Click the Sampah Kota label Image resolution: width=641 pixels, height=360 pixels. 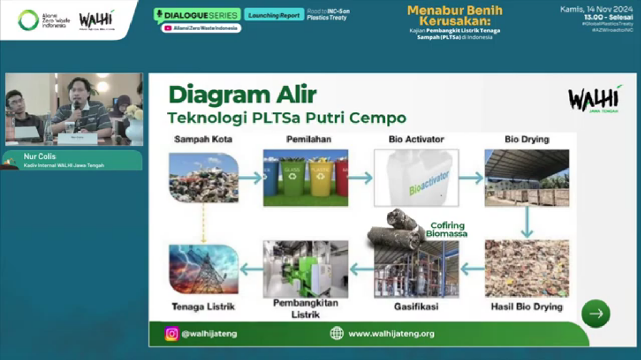pos(203,139)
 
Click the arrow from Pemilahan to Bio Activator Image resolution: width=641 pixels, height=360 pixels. pos(361,178)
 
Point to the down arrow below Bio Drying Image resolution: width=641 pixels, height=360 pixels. pos(527,222)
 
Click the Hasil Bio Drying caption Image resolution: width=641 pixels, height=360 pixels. pos(527,307)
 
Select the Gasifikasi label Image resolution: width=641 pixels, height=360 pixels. pos(416,307)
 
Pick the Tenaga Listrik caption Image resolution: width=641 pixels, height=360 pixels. pos(203,307)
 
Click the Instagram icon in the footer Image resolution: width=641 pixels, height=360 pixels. pos(172,334)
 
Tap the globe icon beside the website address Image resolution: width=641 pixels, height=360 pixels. pos(337,334)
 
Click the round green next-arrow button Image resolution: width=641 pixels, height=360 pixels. pos(595,314)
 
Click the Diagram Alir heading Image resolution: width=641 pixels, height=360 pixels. pos(242,95)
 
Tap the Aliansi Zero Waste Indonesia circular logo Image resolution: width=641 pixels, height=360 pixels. pos(29,20)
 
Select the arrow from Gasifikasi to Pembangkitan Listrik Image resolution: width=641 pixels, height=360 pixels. pos(361,270)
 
